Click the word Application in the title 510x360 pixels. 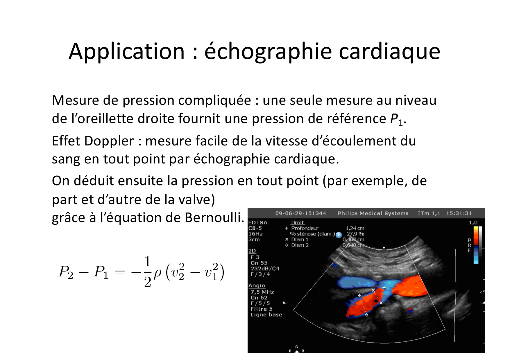pyautogui.click(x=127, y=52)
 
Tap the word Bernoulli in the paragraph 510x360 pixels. pyautogui.click(x=214, y=217)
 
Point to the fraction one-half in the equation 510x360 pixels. pyautogui.click(x=148, y=272)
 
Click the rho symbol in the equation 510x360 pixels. pyautogui.click(x=158, y=273)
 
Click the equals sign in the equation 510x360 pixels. pyautogui.click(x=120, y=272)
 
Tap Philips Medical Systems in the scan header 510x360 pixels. pyautogui.click(x=373, y=213)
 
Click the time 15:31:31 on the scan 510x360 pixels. pyautogui.click(x=459, y=213)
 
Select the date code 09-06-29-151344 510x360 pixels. pyautogui.click(x=300, y=213)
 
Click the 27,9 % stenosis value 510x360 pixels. pyautogui.click(x=355, y=234)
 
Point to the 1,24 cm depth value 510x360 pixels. pyautogui.click(x=355, y=228)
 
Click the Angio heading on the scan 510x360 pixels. pyautogui.click(x=257, y=286)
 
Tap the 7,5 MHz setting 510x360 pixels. pyautogui.click(x=262, y=292)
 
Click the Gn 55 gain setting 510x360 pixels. pyautogui.click(x=259, y=263)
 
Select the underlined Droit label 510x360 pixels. pyautogui.click(x=298, y=223)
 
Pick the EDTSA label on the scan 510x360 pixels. pyautogui.click(x=258, y=223)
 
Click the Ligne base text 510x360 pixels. pyautogui.click(x=266, y=315)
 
